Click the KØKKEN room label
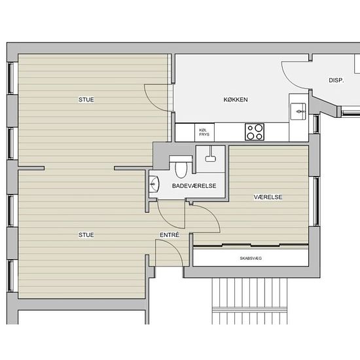point(236,99)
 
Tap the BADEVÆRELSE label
point(194,186)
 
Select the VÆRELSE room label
point(268,197)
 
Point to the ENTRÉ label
point(170,235)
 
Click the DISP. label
point(336,81)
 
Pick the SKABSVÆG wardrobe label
point(251,259)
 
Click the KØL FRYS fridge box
point(204,132)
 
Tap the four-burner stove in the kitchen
point(255,132)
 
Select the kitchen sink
point(298,111)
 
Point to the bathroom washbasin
point(154,184)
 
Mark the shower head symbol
point(210,154)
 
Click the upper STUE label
point(86,99)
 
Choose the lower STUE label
point(86,235)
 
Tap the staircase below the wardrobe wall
point(249,301)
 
